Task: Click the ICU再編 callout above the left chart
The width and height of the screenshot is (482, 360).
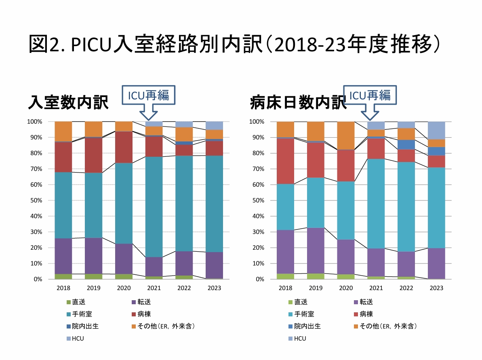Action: tap(148, 95)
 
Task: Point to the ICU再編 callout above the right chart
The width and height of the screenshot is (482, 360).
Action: tap(370, 95)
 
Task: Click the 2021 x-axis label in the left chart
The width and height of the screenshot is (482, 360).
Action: tap(154, 288)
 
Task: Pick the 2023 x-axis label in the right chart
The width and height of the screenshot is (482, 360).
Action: tap(436, 288)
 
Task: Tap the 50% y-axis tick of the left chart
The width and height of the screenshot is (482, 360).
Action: tap(34, 200)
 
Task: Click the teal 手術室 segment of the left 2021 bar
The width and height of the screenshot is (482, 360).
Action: tap(154, 206)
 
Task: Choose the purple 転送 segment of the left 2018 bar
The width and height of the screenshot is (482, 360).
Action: tap(63, 256)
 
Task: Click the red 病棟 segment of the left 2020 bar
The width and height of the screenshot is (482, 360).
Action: tap(124, 147)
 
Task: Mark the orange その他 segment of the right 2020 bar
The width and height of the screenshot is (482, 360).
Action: tap(346, 135)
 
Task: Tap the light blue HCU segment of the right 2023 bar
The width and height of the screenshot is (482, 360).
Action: tap(436, 130)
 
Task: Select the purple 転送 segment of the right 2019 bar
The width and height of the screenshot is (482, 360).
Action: tap(316, 251)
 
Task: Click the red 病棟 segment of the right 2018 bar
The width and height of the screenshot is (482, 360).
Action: tap(285, 161)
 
